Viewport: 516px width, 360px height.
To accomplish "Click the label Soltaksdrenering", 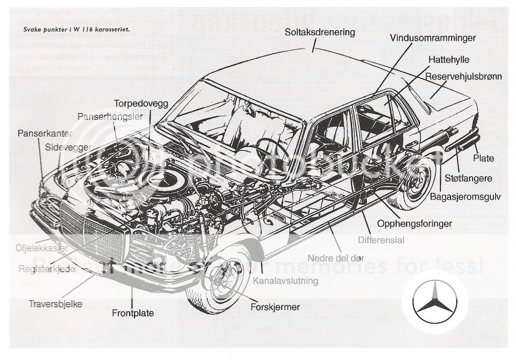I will click(319, 32).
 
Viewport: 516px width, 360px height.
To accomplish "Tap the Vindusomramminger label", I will click(432, 38).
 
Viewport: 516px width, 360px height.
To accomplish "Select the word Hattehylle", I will click(448, 59).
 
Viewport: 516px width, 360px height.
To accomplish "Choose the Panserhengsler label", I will click(110, 116).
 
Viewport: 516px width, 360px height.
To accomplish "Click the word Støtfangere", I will click(469, 178).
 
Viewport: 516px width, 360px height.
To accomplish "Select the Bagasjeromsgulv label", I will click(465, 197).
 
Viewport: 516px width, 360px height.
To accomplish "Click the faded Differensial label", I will click(381, 240).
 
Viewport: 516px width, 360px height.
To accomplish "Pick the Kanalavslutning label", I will click(286, 281).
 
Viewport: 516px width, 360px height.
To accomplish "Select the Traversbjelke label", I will click(55, 304).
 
